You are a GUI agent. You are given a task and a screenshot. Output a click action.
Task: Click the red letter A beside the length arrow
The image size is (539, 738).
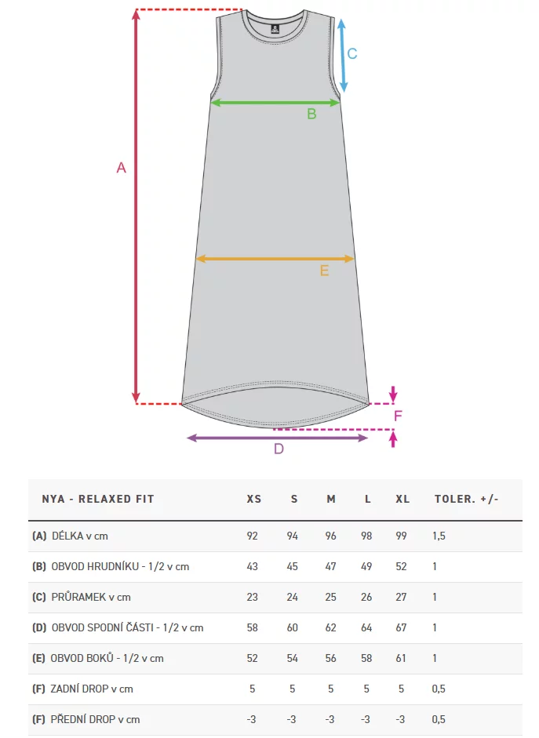point(121,168)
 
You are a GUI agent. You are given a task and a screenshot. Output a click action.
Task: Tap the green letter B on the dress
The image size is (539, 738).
point(311,114)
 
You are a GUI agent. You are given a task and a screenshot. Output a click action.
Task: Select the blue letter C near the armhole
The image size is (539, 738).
point(352,53)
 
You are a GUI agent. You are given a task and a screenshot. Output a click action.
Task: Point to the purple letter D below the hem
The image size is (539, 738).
point(279,449)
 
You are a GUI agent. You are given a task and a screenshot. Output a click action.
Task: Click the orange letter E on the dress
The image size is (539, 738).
point(324,271)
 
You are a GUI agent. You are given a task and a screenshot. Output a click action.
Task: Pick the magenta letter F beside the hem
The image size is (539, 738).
point(398,416)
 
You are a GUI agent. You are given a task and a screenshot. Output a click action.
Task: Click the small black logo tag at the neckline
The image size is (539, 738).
point(275,29)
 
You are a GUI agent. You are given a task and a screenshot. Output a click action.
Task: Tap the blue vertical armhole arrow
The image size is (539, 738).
point(343,56)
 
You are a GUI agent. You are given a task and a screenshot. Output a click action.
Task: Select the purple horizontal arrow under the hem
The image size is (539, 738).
point(277,438)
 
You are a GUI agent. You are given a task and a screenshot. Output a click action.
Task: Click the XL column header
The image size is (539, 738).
point(402,499)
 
